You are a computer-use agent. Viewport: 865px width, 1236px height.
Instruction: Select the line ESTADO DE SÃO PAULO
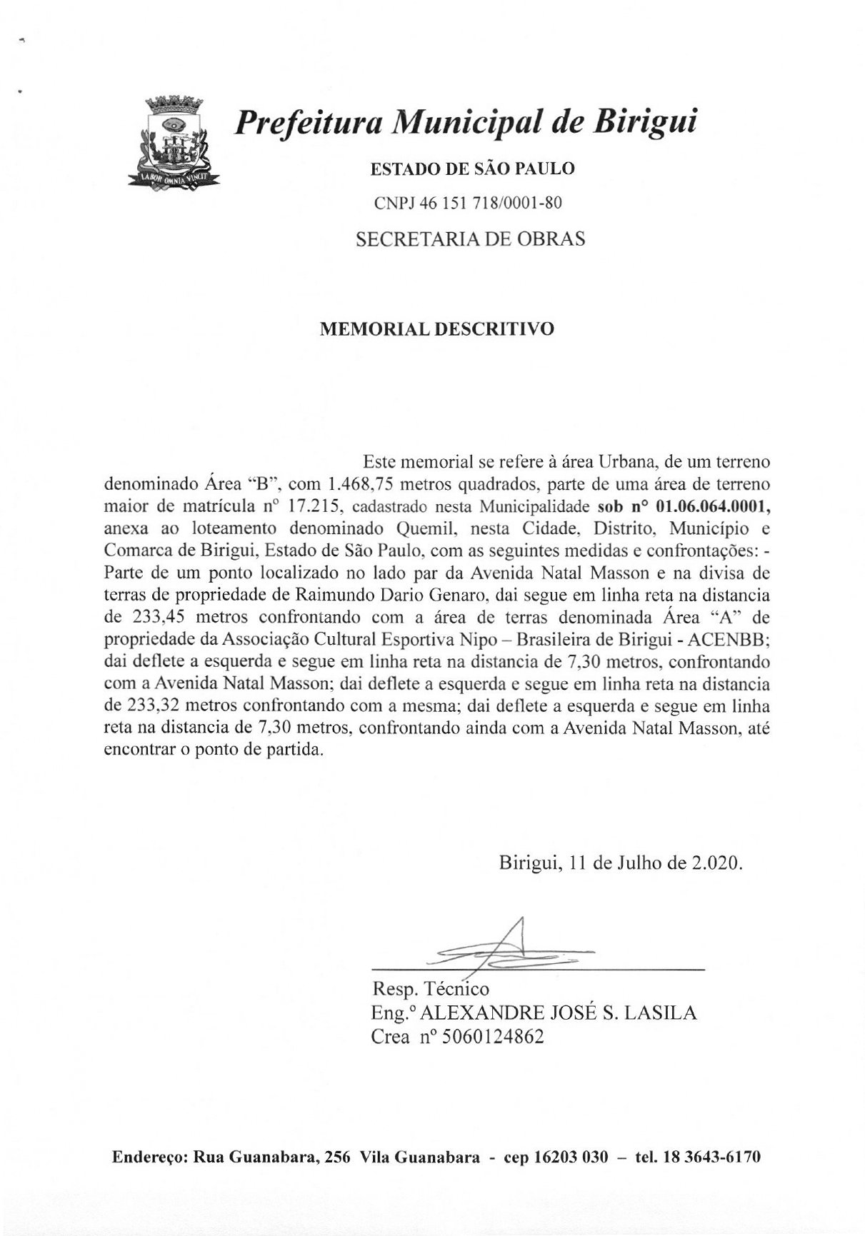pyautogui.click(x=471, y=169)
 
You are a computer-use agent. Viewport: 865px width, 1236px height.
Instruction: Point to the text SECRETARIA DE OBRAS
pyautogui.click(x=470, y=239)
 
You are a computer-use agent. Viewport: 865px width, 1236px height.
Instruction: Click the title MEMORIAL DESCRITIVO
pyautogui.click(x=436, y=329)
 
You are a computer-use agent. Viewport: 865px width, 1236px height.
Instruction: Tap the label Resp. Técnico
pyautogui.click(x=430, y=989)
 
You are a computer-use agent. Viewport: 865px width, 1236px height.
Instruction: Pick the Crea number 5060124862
pyautogui.click(x=493, y=1037)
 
